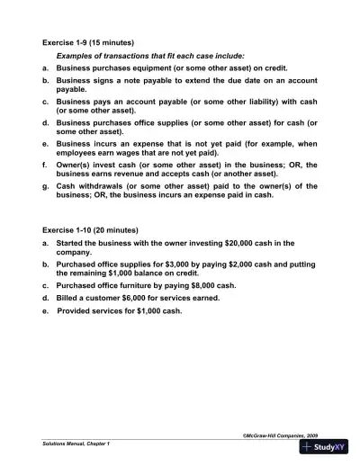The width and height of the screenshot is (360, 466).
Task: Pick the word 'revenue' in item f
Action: click(x=127, y=173)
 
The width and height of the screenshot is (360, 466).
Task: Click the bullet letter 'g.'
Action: click(x=46, y=184)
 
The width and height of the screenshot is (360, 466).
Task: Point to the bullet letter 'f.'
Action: click(x=45, y=163)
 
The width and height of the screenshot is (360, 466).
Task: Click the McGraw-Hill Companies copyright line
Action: click(x=279, y=434)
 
